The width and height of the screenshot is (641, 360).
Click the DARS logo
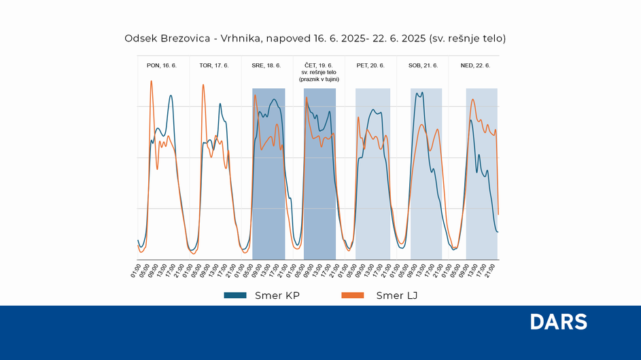(558, 323)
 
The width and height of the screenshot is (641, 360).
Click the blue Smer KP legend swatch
(237, 295)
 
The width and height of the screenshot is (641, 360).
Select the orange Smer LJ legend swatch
(353, 295)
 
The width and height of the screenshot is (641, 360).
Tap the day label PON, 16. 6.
(162, 66)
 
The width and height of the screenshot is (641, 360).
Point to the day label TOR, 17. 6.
(213, 66)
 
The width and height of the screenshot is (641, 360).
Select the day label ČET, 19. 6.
(319, 65)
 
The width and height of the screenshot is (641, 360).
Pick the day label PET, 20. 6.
(370, 66)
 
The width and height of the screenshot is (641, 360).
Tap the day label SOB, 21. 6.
(423, 66)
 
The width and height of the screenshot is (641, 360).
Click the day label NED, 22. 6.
(475, 66)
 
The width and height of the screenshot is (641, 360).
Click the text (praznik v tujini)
(319, 79)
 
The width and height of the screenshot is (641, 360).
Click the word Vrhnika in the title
(241, 39)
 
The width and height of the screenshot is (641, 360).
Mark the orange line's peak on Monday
(151, 81)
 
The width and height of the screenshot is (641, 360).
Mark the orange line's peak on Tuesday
(203, 85)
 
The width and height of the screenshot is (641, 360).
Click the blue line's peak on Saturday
(422, 92)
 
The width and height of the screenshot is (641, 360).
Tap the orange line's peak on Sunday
(473, 99)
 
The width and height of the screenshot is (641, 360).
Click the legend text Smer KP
(277, 295)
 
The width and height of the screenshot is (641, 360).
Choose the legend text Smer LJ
(396, 295)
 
